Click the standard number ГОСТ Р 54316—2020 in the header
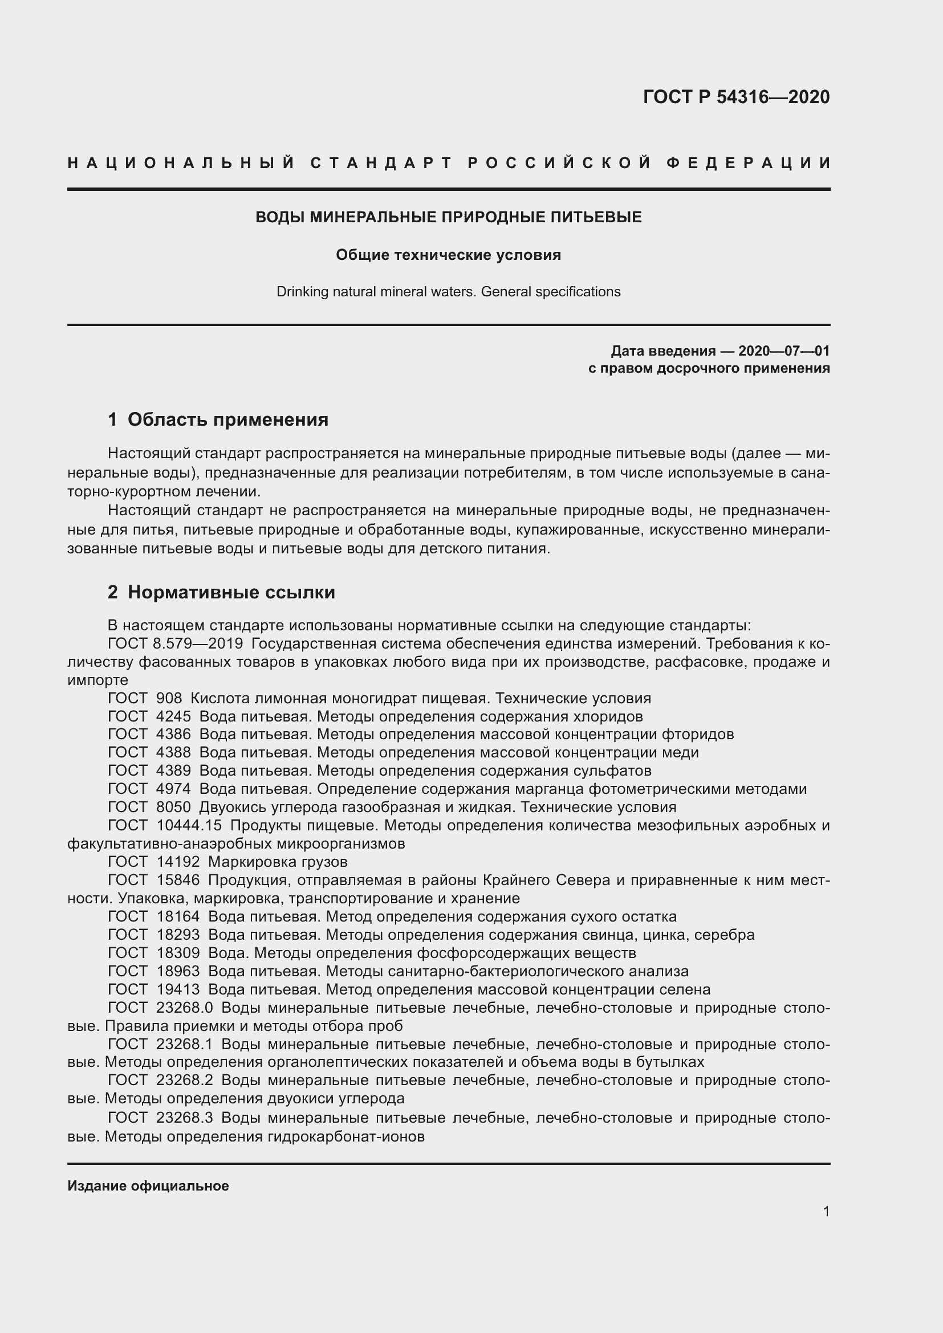pos(735,97)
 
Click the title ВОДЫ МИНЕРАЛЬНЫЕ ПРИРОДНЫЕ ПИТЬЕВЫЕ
pos(448,217)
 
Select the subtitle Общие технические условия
pos(448,255)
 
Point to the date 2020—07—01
pos(783,350)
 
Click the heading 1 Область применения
pos(218,419)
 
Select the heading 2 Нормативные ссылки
pos(222,592)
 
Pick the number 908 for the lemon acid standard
pos(169,698)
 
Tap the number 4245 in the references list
pos(173,716)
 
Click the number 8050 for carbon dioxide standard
pos(173,807)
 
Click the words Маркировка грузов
pos(278,862)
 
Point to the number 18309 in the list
pos(178,953)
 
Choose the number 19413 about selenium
pos(178,989)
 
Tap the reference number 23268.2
pos(184,1081)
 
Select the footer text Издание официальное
pos(148,1185)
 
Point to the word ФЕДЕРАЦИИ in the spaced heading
pos(749,163)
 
